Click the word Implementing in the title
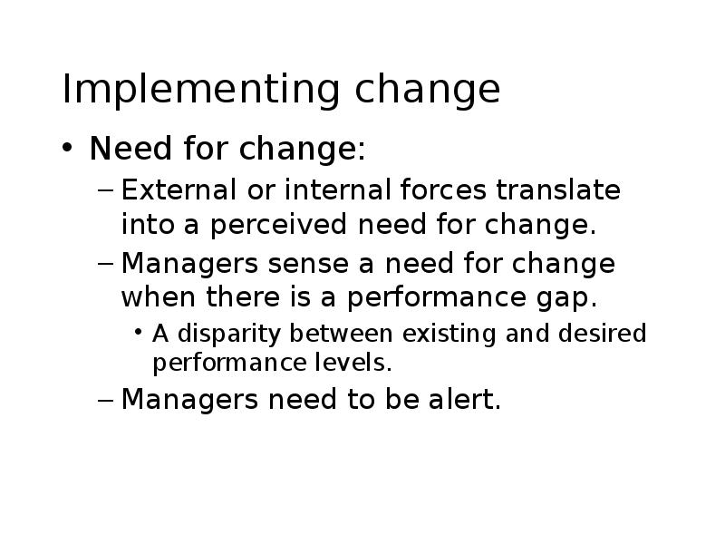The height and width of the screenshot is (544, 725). tap(201, 90)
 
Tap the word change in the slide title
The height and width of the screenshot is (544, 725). tap(427, 90)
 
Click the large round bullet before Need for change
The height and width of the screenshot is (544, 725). tap(67, 148)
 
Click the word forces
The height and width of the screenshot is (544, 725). tap(443, 189)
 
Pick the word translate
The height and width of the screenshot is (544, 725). tap(558, 189)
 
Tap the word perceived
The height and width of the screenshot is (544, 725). tap(279, 225)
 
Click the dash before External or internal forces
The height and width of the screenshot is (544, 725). tap(105, 189)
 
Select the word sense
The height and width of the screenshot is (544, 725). tap(308, 264)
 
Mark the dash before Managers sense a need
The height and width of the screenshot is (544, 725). tap(105, 263)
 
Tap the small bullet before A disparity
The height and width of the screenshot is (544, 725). tap(138, 332)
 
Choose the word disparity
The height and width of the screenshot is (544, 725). tap(229, 335)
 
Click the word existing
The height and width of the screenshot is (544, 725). tap(449, 335)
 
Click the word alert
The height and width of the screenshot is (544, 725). tap(465, 399)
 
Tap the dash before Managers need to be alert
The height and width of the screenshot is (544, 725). tap(105, 399)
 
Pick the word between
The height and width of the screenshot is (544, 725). tap(341, 334)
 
